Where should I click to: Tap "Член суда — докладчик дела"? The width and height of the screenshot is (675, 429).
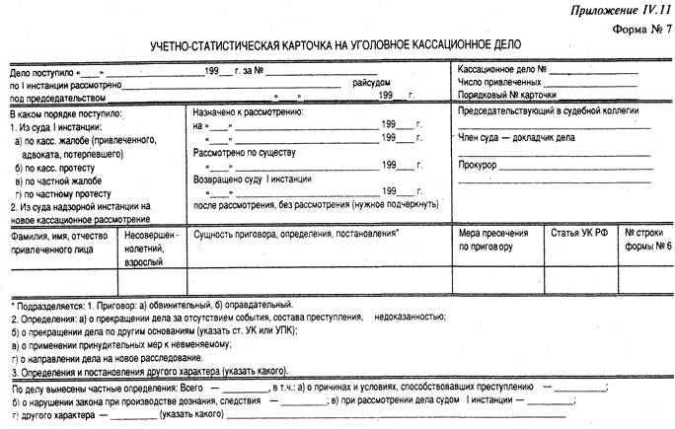click(x=516, y=138)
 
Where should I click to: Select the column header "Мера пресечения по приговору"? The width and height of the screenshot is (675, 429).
click(x=488, y=241)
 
